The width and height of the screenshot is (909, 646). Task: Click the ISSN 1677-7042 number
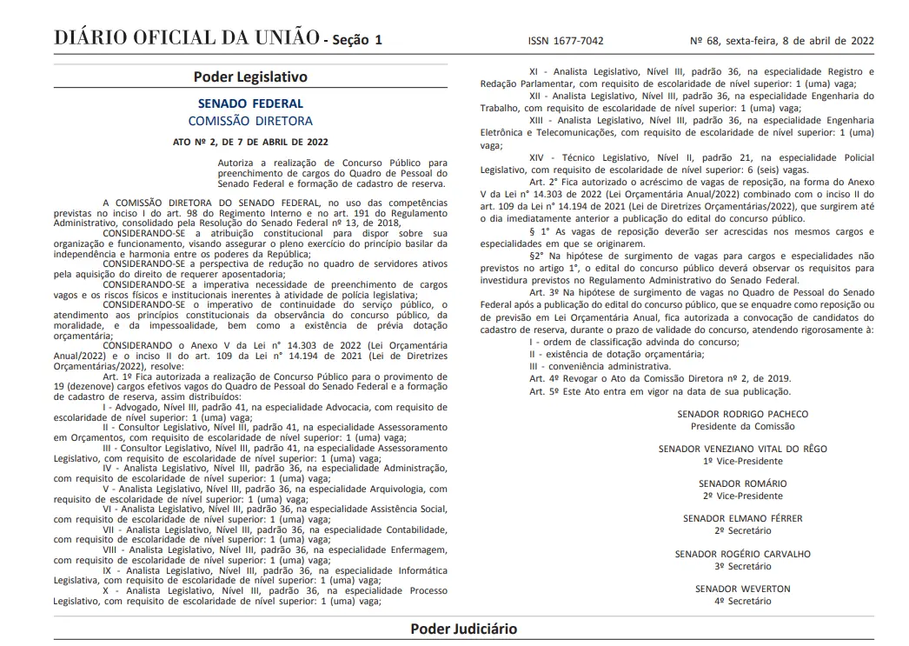[x=566, y=40]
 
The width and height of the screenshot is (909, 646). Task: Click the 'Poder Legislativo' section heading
[x=250, y=77]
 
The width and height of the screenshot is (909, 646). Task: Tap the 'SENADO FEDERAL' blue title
[x=250, y=103]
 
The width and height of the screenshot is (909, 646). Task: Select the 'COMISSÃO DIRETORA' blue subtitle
[x=250, y=121]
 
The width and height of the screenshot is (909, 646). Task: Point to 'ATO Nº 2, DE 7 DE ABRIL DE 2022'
[x=250, y=141]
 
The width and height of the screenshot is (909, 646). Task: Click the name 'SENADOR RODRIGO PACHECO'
[x=742, y=415]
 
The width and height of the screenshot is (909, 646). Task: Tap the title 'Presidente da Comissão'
[x=742, y=426]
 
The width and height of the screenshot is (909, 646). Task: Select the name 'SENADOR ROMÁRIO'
[x=742, y=483]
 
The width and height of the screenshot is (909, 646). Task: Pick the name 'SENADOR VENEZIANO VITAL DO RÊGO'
[x=742, y=449]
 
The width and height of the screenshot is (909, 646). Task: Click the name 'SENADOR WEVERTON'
[x=742, y=589]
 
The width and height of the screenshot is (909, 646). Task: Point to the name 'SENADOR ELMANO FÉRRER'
[x=742, y=518]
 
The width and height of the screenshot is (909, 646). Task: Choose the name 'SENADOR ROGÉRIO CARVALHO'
[x=742, y=554]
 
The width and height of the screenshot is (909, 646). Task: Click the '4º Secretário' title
[x=742, y=601]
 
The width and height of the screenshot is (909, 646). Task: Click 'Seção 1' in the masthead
[x=356, y=40]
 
